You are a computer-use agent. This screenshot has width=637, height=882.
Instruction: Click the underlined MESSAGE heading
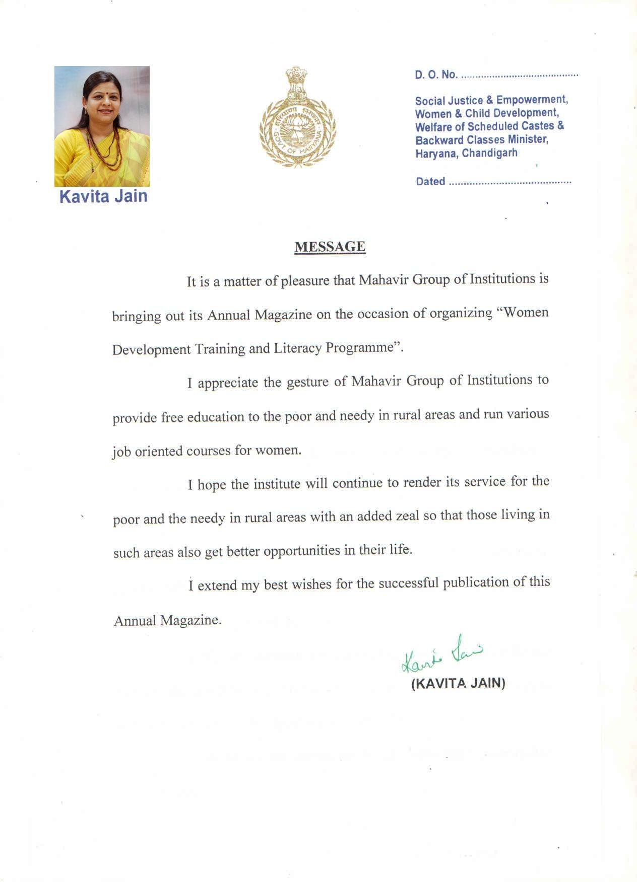[330, 247]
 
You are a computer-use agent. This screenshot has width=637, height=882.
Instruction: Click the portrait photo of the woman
[102, 126]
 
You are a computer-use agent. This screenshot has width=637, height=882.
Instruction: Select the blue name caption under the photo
[103, 196]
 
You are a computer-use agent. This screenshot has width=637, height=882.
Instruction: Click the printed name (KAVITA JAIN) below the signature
[458, 683]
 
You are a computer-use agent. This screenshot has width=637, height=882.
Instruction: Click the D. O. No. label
[436, 75]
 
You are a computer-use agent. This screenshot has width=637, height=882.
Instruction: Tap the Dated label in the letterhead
[430, 182]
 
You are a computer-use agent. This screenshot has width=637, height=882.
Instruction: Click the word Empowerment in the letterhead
[532, 100]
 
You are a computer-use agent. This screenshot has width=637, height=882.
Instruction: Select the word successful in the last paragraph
[409, 583]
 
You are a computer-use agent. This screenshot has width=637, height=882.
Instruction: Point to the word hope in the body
[212, 484]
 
